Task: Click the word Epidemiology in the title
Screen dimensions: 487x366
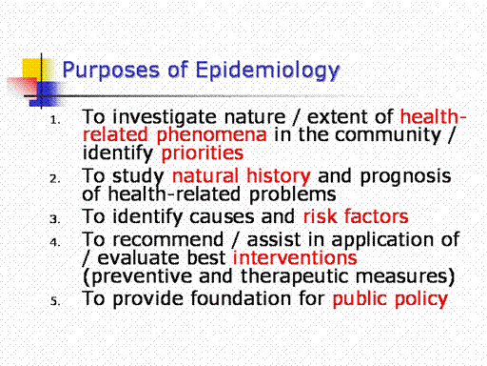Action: (267, 71)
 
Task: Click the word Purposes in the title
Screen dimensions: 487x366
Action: (110, 71)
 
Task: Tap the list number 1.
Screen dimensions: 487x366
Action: (55, 120)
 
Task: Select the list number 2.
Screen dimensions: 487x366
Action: (55, 179)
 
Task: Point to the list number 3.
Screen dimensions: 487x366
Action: (55, 219)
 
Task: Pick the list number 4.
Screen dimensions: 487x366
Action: (55, 242)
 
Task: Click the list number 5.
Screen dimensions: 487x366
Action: (55, 301)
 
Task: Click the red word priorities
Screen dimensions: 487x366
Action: (203, 153)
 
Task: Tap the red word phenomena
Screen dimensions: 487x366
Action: (211, 135)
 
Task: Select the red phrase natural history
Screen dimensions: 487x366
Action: (242, 176)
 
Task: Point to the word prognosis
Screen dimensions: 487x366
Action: (405, 177)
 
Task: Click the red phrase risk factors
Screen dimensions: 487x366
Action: (356, 216)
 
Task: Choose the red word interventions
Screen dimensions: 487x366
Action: (295, 257)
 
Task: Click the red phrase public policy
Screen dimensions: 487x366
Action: (390, 299)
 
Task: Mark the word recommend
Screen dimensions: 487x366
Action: (168, 239)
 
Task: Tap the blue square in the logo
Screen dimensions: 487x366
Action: (45, 94)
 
